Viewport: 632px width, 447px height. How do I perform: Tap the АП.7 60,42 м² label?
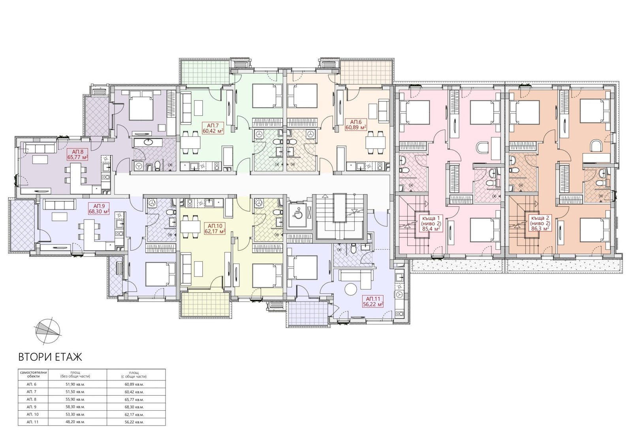pyautogui.click(x=213, y=128)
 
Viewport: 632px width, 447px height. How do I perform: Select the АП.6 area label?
pyautogui.click(x=356, y=124)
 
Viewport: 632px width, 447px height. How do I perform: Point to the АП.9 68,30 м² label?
pyautogui.click(x=99, y=208)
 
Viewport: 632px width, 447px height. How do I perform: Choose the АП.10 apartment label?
pyautogui.click(x=214, y=229)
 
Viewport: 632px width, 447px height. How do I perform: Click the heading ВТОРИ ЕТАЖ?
pyautogui.click(x=50, y=357)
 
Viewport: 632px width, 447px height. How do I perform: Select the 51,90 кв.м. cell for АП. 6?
pyautogui.click(x=77, y=384)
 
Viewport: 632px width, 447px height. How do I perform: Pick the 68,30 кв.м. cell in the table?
pyautogui.click(x=136, y=407)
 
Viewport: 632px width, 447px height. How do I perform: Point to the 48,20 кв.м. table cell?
pyautogui.click(x=77, y=422)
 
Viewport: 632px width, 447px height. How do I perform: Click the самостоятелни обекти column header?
pyautogui.click(x=34, y=374)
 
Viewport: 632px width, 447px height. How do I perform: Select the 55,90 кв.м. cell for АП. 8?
pyautogui.click(x=77, y=400)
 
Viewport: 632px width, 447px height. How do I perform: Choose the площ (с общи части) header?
pyautogui.click(x=136, y=374)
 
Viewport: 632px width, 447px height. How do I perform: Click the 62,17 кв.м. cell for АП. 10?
pyautogui.click(x=136, y=415)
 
